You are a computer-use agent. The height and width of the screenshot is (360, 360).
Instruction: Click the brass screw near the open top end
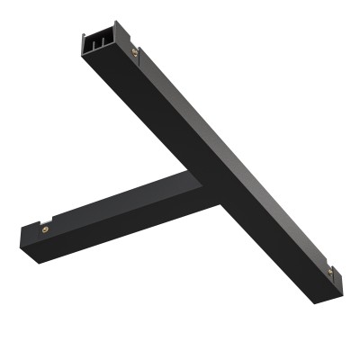[134, 53]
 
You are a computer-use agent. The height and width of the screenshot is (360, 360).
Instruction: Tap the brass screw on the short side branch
[46, 229]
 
